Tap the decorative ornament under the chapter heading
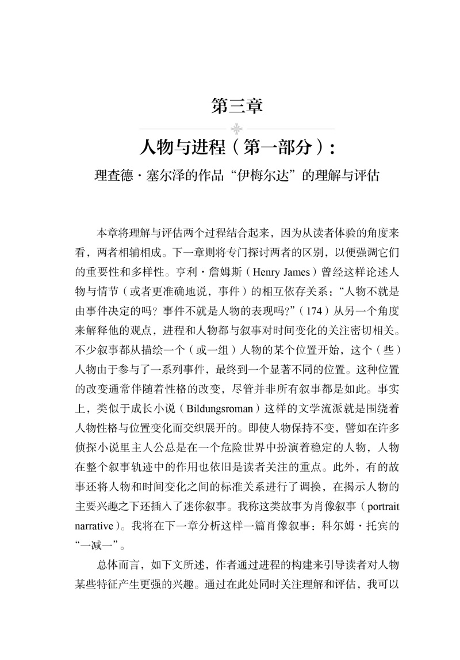coord(236,128)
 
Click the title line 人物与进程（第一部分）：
coord(236,149)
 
